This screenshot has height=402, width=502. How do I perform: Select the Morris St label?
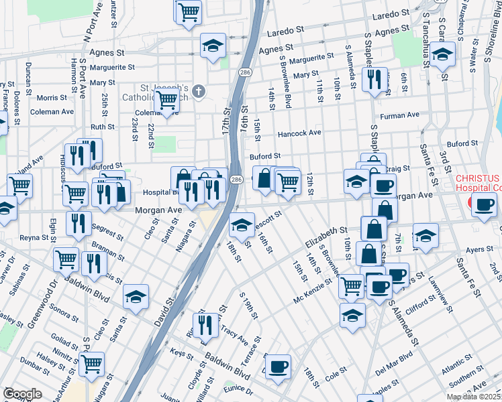tap(52, 98)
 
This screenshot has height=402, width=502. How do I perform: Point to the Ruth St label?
tap(103, 126)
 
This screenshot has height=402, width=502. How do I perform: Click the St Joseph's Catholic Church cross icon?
tap(198, 90)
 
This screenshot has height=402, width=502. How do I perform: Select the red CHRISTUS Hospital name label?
tap(477, 183)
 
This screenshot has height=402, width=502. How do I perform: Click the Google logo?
tap(22, 394)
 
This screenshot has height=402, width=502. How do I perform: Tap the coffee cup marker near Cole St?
tap(278, 366)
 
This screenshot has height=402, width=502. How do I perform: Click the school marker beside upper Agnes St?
tap(213, 46)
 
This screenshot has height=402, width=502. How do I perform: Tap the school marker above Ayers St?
tap(425, 235)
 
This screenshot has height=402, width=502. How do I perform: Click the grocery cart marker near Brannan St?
tap(66, 259)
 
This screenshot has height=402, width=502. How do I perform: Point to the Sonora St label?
tap(64, 312)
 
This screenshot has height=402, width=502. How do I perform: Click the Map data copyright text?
tap(473, 397)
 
